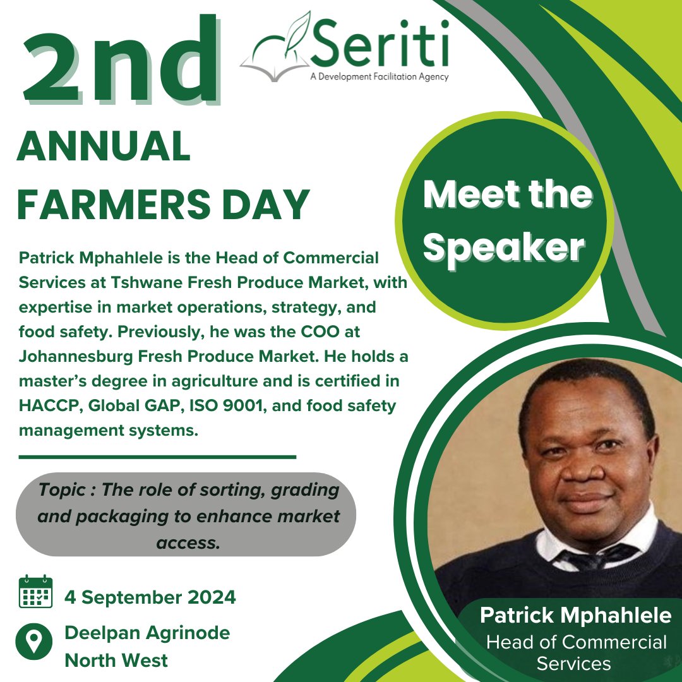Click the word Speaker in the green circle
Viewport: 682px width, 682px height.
coord(504,248)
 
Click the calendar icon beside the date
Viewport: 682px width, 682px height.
coord(35,592)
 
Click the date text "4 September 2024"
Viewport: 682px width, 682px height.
coord(150,597)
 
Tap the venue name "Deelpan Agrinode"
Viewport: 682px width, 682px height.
coord(147,632)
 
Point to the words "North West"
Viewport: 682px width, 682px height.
coord(116,661)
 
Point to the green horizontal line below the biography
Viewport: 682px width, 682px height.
coord(157,456)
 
